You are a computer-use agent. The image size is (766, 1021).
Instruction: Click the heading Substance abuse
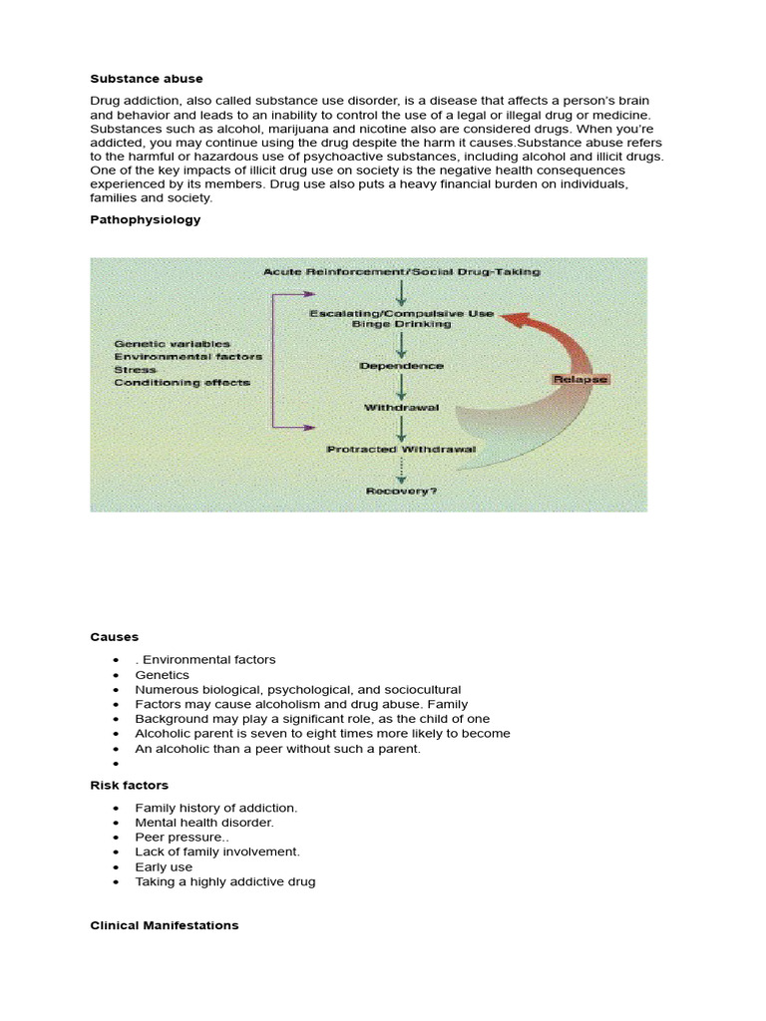point(146,78)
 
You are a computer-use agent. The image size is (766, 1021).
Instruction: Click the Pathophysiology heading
point(145,219)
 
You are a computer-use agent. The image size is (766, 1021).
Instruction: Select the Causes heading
point(115,636)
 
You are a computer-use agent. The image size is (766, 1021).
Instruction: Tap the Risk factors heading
point(130,786)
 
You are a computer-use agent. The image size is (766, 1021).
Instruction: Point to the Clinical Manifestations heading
point(165,925)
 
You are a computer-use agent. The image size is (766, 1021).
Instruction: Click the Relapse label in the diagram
point(579,379)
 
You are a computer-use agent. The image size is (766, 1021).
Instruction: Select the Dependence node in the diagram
point(401,366)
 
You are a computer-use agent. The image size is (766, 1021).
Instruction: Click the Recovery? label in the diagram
point(401,491)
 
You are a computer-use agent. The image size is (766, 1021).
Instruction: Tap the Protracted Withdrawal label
point(401,449)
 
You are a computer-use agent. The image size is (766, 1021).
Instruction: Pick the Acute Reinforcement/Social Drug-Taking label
point(402,271)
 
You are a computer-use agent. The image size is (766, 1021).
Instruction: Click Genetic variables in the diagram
point(172,344)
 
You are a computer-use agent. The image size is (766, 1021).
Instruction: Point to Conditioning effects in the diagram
point(182,382)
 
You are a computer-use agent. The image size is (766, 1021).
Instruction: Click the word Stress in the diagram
point(135,369)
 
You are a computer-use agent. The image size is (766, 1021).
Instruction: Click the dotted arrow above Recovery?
point(401,470)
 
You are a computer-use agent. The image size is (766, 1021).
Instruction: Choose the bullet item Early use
point(164,867)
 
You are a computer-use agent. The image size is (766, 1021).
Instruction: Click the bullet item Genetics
point(162,675)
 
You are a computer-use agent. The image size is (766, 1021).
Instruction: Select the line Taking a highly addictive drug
point(225,882)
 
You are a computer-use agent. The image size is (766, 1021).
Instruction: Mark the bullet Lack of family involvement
point(217,852)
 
